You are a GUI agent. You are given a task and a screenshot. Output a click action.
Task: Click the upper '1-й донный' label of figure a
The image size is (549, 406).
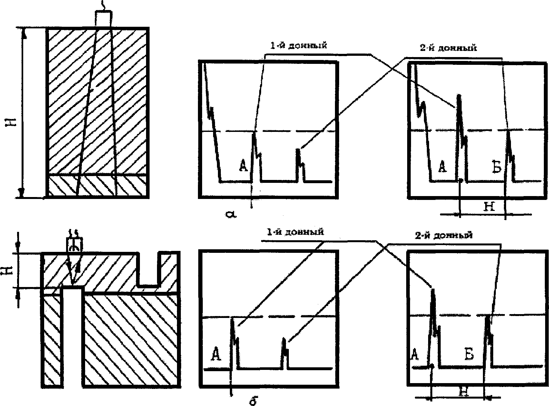pos(298,45)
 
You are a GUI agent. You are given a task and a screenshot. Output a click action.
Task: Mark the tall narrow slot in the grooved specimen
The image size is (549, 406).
pos(73,337)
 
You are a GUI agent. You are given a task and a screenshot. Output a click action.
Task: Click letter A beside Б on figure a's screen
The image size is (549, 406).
pos(443,167)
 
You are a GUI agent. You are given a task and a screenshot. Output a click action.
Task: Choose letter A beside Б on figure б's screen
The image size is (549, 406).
pos(415,355)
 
